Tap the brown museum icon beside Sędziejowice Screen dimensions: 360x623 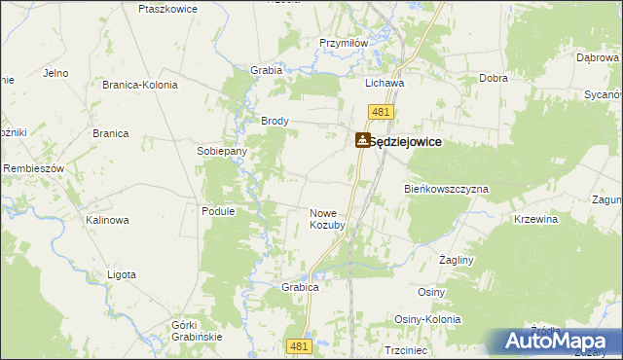[362, 141]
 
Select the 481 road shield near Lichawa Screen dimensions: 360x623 [382, 114]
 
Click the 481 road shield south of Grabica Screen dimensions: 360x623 [300, 345]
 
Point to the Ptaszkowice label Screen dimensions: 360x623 [168, 9]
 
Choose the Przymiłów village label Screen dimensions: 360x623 [343, 43]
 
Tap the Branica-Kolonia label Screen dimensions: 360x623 [140, 85]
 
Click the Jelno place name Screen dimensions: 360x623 [55, 73]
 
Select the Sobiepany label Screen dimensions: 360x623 [222, 152]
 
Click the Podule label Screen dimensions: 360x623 [217, 211]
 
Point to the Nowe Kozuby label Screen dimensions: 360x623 [327, 219]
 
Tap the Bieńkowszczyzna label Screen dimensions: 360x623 [446, 188]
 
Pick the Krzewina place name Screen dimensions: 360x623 [535, 220]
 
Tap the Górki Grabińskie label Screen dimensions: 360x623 [197, 330]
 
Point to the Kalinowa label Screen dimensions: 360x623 [107, 220]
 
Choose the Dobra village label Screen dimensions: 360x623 [495, 78]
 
